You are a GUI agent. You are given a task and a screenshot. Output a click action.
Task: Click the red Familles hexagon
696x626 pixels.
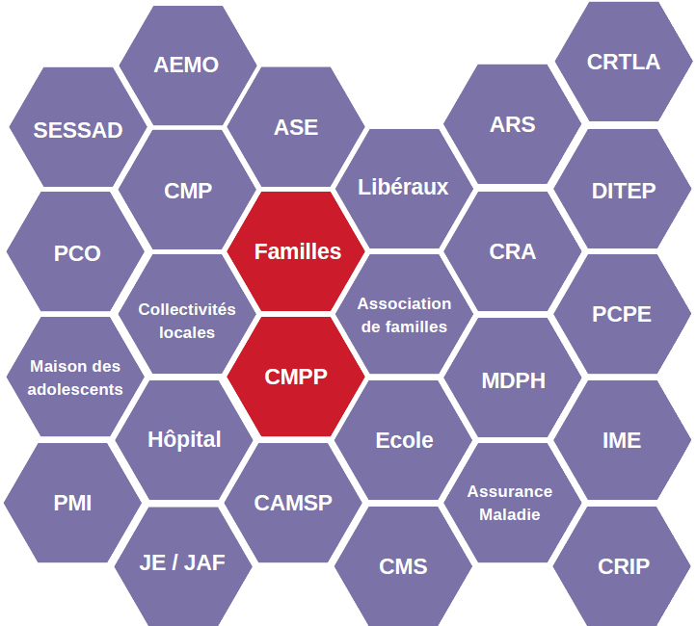point(297,251)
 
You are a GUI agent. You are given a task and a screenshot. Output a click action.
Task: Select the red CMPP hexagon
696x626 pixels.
point(296,377)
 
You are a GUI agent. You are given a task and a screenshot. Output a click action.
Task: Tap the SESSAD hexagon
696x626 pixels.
point(78,130)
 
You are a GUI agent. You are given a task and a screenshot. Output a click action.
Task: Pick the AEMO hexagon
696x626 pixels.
point(187,65)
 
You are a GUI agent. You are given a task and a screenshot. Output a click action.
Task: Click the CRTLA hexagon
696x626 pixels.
point(624,63)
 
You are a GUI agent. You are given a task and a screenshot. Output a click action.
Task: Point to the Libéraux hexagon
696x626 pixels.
point(403,187)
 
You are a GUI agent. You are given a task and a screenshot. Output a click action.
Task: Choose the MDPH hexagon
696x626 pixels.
point(513,380)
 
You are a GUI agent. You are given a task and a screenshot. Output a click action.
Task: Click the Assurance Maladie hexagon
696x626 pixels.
point(510,503)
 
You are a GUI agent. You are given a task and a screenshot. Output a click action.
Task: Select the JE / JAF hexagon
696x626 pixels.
point(183,563)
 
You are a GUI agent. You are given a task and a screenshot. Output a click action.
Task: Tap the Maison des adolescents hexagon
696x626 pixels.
point(75,378)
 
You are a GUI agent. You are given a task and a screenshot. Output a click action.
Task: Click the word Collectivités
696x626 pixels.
point(187,309)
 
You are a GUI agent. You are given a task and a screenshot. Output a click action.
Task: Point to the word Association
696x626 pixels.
point(404,303)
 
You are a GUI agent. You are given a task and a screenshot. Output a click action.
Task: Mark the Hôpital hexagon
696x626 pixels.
point(184,440)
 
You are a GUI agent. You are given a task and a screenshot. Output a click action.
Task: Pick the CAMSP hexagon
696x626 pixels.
point(293,503)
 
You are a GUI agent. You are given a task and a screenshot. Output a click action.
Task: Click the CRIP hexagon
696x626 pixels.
point(624,566)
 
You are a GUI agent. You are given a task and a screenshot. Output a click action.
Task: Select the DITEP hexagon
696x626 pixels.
point(624,191)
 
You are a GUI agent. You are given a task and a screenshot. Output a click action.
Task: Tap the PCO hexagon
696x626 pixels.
point(77,254)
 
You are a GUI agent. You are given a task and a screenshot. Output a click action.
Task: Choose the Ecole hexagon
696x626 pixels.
point(404,440)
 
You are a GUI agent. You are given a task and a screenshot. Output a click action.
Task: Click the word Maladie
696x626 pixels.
point(510,514)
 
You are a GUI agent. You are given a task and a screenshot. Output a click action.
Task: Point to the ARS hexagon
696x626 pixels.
point(513,125)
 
